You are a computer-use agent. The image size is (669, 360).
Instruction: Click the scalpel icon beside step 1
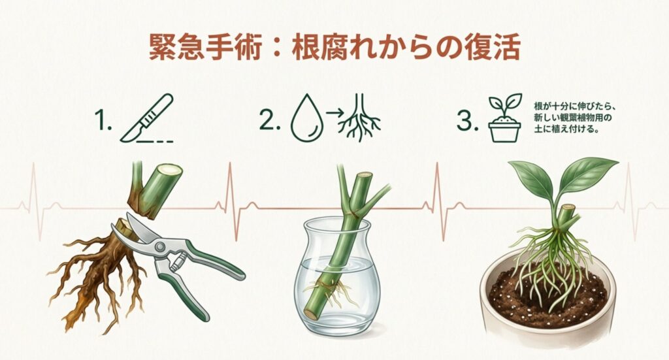(147, 119)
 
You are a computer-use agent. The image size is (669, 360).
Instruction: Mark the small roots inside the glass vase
(334, 291)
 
